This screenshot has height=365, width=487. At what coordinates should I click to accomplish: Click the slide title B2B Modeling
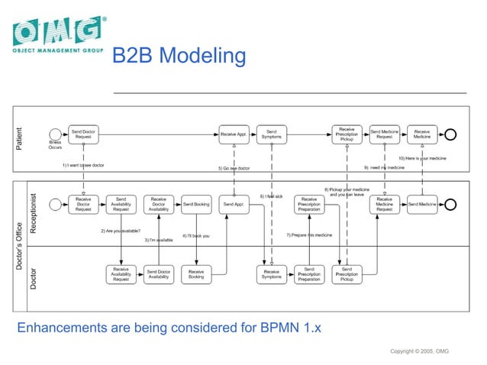click(179, 57)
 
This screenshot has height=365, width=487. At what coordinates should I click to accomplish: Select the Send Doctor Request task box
click(83, 134)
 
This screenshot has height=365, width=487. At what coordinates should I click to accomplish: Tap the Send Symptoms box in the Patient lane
click(271, 134)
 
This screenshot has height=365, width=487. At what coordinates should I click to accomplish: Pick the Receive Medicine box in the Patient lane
click(421, 134)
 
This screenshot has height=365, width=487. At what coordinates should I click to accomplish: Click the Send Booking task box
click(196, 204)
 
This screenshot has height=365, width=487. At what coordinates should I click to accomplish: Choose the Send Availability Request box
click(121, 204)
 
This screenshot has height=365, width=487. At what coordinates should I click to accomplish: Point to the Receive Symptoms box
click(271, 274)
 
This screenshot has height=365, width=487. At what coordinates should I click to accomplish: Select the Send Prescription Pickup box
click(347, 274)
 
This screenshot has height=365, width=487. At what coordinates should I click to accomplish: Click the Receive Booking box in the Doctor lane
click(196, 274)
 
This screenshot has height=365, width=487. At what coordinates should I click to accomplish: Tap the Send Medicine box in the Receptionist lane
click(421, 204)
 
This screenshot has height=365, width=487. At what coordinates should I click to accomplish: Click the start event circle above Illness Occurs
click(55, 134)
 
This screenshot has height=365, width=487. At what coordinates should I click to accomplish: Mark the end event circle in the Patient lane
click(450, 134)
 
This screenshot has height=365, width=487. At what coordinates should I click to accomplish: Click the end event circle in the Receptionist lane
click(450, 204)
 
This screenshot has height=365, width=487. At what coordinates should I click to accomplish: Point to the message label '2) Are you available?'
click(121, 231)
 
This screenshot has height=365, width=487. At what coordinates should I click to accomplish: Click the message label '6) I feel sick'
click(271, 196)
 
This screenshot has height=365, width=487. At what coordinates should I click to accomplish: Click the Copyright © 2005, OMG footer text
click(419, 350)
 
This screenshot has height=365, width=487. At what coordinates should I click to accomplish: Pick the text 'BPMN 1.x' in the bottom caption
click(298, 329)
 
